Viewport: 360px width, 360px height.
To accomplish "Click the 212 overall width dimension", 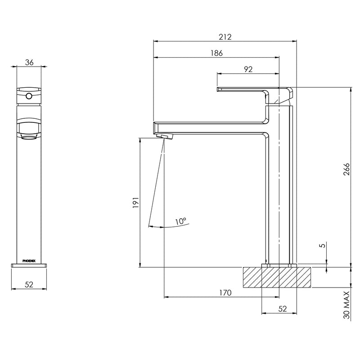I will tap(225, 37).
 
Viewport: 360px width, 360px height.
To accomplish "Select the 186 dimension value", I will tap(216, 53).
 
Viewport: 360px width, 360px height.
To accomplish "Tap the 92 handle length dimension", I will tap(248, 69).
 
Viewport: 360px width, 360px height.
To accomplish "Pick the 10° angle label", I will tap(181, 221).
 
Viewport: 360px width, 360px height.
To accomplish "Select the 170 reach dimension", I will tap(225, 293).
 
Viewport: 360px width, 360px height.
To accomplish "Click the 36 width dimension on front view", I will tap(29, 63).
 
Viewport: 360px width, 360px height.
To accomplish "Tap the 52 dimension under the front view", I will tap(29, 284).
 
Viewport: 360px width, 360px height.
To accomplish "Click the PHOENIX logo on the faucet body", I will tap(29, 261).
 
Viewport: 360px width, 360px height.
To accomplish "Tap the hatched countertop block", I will tap(277, 277).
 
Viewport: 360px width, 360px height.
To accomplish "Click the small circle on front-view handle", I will tap(29, 95).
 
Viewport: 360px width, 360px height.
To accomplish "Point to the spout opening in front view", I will tap(29, 133).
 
